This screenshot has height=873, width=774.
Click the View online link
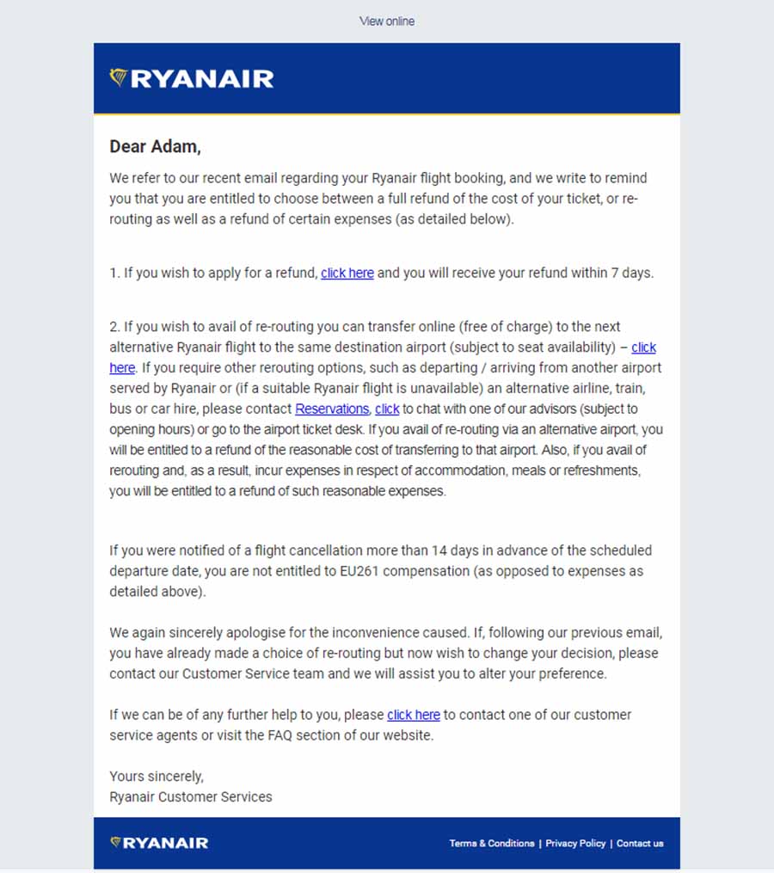(386, 21)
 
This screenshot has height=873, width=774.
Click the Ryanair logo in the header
(192, 79)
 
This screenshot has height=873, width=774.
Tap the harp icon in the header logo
(119, 77)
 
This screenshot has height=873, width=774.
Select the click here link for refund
(347, 274)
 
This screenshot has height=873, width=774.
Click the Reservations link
(332, 409)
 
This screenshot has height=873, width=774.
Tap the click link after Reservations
(387, 409)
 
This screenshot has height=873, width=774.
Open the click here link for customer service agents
(414, 716)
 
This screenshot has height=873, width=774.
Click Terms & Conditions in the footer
(492, 844)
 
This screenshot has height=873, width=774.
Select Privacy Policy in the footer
(575, 844)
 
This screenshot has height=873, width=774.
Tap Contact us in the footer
(640, 844)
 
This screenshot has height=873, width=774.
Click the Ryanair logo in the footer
(159, 843)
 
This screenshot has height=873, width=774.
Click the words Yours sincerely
(157, 777)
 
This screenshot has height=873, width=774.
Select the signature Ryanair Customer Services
(191, 797)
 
